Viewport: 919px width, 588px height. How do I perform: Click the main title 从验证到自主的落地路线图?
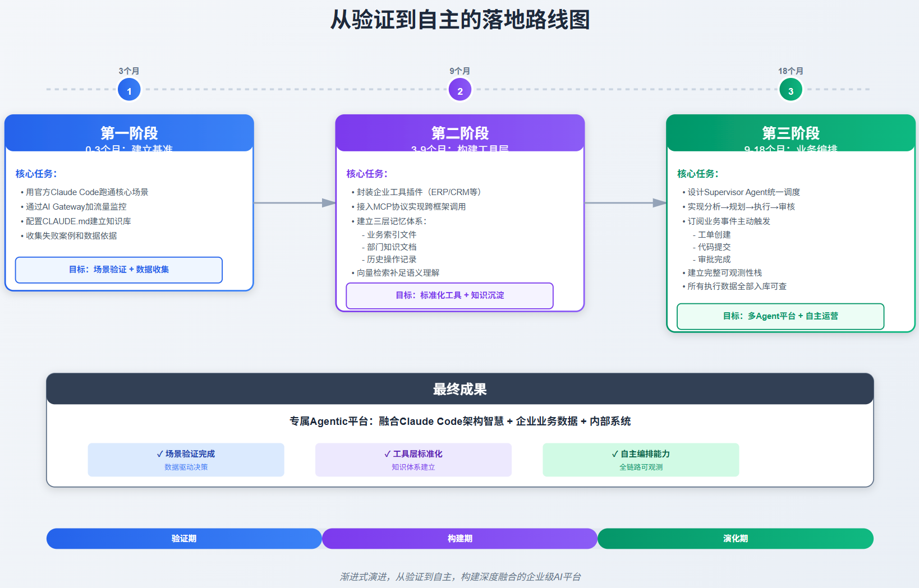pyautogui.click(x=459, y=20)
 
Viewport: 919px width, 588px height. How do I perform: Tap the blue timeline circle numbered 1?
pyautogui.click(x=129, y=90)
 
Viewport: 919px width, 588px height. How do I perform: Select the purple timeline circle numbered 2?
pyautogui.click(x=460, y=90)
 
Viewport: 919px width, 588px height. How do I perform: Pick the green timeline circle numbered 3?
pyautogui.click(x=791, y=90)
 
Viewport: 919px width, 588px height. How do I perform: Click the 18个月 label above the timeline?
pyautogui.click(x=791, y=71)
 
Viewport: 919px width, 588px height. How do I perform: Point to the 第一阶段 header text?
pyautogui.click(x=129, y=133)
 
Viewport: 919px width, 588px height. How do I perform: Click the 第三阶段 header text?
pyautogui.click(x=791, y=133)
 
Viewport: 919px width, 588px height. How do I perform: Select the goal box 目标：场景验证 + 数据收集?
pyautogui.click(x=119, y=270)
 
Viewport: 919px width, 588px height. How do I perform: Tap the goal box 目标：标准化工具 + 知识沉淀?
pyautogui.click(x=449, y=295)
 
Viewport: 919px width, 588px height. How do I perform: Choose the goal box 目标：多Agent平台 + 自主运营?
pyautogui.click(x=780, y=316)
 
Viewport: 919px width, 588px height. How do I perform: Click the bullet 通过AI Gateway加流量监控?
pyautogui.click(x=76, y=207)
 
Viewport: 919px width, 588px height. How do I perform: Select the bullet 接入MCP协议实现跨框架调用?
pyautogui.click(x=411, y=207)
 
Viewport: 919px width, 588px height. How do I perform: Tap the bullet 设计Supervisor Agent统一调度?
pyautogui.click(x=743, y=192)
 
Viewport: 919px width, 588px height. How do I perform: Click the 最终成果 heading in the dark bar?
pyautogui.click(x=459, y=389)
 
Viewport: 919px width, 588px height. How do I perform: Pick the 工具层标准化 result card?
pyautogui.click(x=413, y=460)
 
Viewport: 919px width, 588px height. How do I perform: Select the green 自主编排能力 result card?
pyautogui.click(x=641, y=460)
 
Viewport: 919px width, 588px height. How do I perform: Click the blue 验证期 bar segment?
pyautogui.click(x=184, y=538)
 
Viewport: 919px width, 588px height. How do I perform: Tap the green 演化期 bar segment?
pyautogui.click(x=736, y=538)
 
